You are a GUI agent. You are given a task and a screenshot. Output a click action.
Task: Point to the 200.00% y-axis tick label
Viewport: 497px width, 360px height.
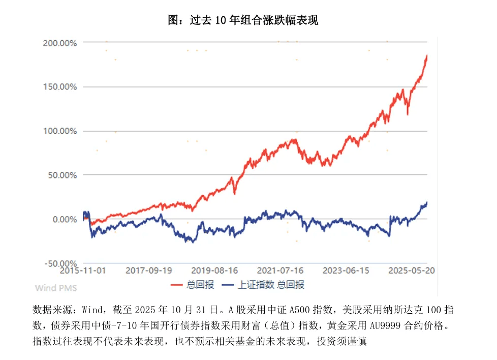[60, 43]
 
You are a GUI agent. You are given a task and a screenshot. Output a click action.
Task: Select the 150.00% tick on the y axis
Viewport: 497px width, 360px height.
[60, 87]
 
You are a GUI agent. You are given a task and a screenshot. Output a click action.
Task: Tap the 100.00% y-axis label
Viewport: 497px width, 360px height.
[60, 131]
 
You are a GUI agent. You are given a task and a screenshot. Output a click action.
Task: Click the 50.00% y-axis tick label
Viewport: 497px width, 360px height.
[62, 175]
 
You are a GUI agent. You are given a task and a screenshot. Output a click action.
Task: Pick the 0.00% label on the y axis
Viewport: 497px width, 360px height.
[64, 219]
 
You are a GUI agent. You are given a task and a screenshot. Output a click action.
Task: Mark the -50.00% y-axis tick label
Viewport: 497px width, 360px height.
[60, 263]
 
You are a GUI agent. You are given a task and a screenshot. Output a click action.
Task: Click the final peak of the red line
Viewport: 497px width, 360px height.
[427, 55]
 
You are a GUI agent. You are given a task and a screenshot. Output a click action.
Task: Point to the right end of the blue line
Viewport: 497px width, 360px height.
[427, 203]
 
